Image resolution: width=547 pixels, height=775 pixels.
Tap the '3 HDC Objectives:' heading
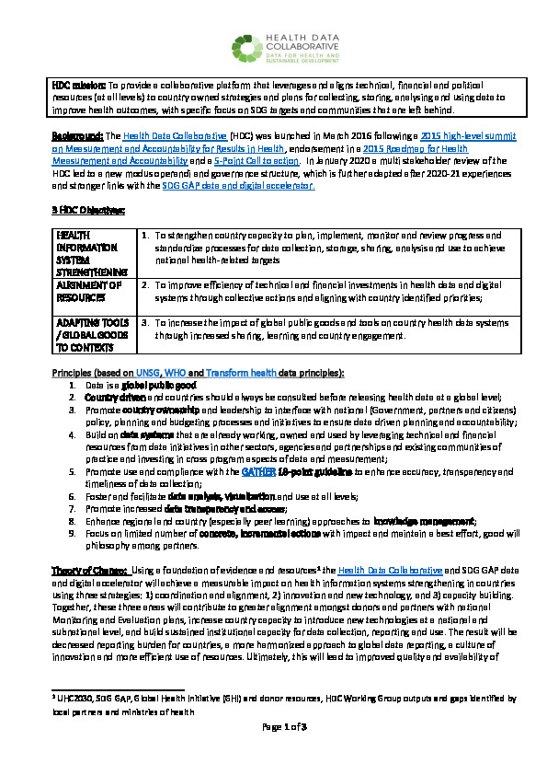[x=87, y=211]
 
